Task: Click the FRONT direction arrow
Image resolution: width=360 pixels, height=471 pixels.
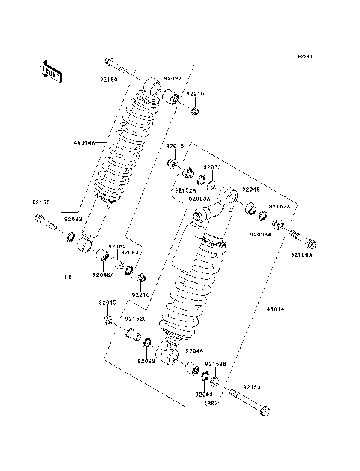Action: coord(52,69)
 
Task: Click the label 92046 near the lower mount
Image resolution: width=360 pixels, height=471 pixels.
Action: coord(194,350)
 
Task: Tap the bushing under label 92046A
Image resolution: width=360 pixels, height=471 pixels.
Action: coord(105,261)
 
